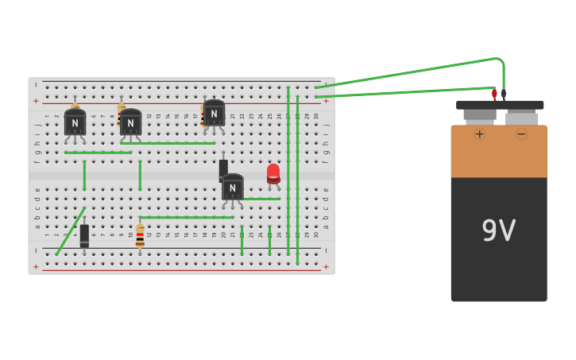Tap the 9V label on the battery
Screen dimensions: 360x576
pyautogui.click(x=498, y=231)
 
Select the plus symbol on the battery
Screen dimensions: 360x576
pyautogui.click(x=479, y=134)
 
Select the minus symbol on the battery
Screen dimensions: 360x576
pyautogui.click(x=521, y=134)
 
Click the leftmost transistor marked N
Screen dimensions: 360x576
pyautogui.click(x=75, y=122)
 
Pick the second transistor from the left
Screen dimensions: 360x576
pyautogui.click(x=130, y=122)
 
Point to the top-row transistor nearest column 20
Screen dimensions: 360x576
pyautogui.click(x=214, y=114)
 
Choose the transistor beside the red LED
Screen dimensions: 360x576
pyautogui.click(x=232, y=188)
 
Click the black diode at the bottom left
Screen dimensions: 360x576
pyautogui.click(x=84, y=236)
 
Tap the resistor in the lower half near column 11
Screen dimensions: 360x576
pyautogui.click(x=140, y=236)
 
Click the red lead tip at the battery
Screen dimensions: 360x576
pyautogui.click(x=494, y=94)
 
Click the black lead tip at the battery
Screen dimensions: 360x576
pyautogui.click(x=504, y=94)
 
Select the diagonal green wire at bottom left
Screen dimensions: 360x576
pyautogui.click(x=71, y=231)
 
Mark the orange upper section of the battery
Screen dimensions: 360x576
pyautogui.click(x=498, y=151)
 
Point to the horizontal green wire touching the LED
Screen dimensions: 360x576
pyautogui.click(x=261, y=199)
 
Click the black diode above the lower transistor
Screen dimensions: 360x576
pyautogui.click(x=223, y=168)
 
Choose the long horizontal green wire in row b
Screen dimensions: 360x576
pyautogui.click(x=187, y=217)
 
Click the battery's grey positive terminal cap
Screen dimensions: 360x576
pyautogui.click(x=480, y=114)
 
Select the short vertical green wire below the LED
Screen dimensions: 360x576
pyautogui.click(x=269, y=240)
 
